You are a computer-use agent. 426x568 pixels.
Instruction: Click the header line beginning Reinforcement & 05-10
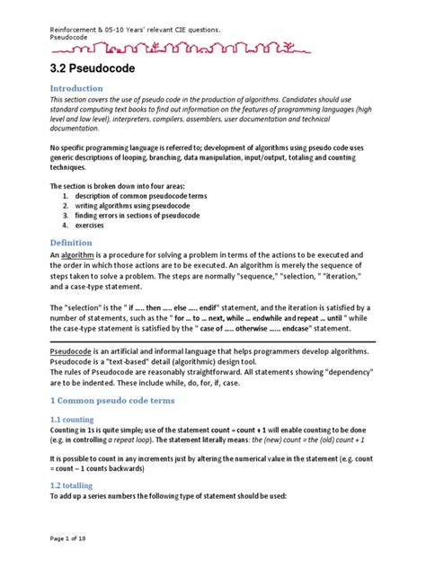pyautogui.click(x=135, y=30)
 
